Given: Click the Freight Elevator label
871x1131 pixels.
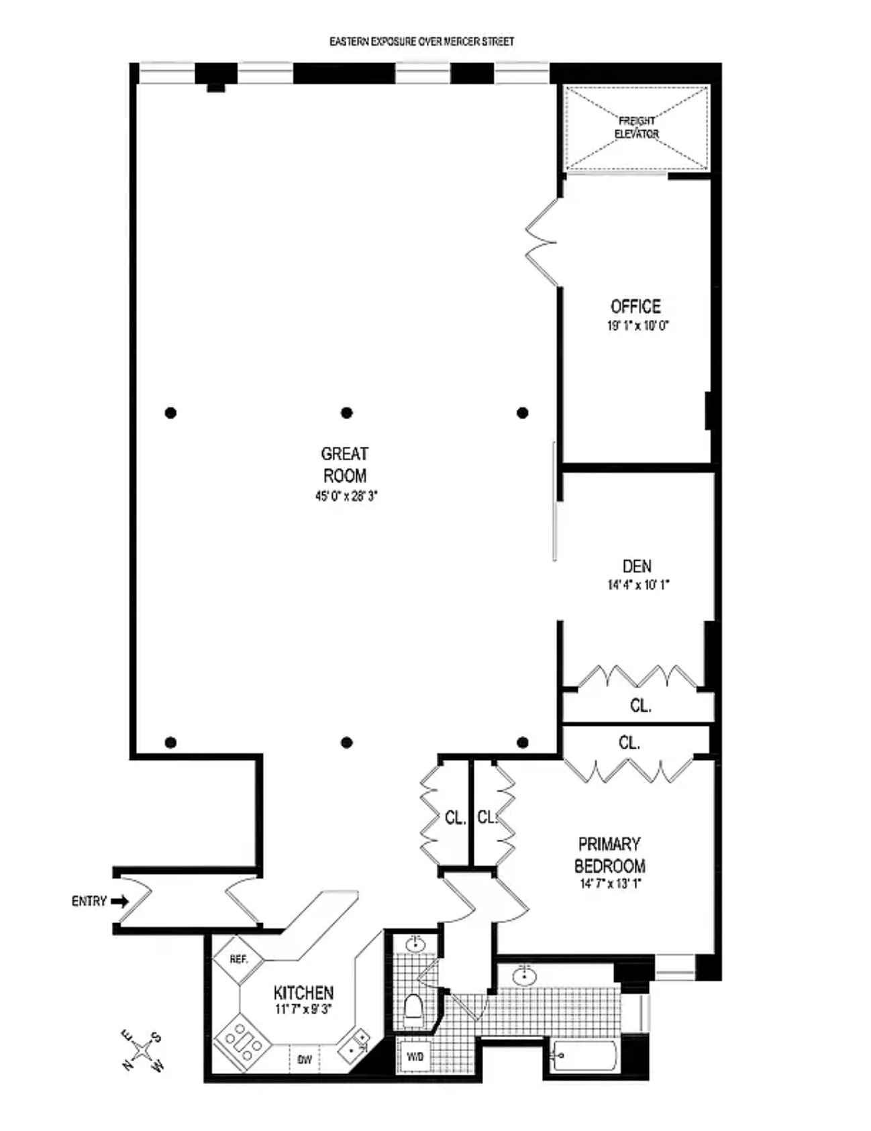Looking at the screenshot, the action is tap(637, 127).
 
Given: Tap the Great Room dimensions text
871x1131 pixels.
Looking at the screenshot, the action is tap(346, 497).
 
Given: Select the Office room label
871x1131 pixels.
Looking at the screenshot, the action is tap(635, 307).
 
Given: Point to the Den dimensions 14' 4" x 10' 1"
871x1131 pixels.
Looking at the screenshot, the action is tap(638, 585).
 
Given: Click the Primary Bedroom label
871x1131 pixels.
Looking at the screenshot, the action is tap(610, 855).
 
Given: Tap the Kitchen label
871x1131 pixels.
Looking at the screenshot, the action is tap(303, 993).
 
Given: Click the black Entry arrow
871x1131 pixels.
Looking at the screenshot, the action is tap(119, 902).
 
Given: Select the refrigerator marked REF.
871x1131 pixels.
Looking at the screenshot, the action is tap(239, 960).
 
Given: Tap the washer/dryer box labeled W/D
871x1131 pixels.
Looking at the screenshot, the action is tap(415, 1057).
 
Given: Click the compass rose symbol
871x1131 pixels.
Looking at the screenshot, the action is tap(142, 1051).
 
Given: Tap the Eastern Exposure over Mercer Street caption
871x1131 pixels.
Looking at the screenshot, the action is tap(421, 42).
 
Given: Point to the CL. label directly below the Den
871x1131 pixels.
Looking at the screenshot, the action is tap(640, 706).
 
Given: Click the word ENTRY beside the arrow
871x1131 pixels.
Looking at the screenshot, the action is tap(89, 902).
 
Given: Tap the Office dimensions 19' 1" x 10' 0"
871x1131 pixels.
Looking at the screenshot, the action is tap(638, 326).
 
